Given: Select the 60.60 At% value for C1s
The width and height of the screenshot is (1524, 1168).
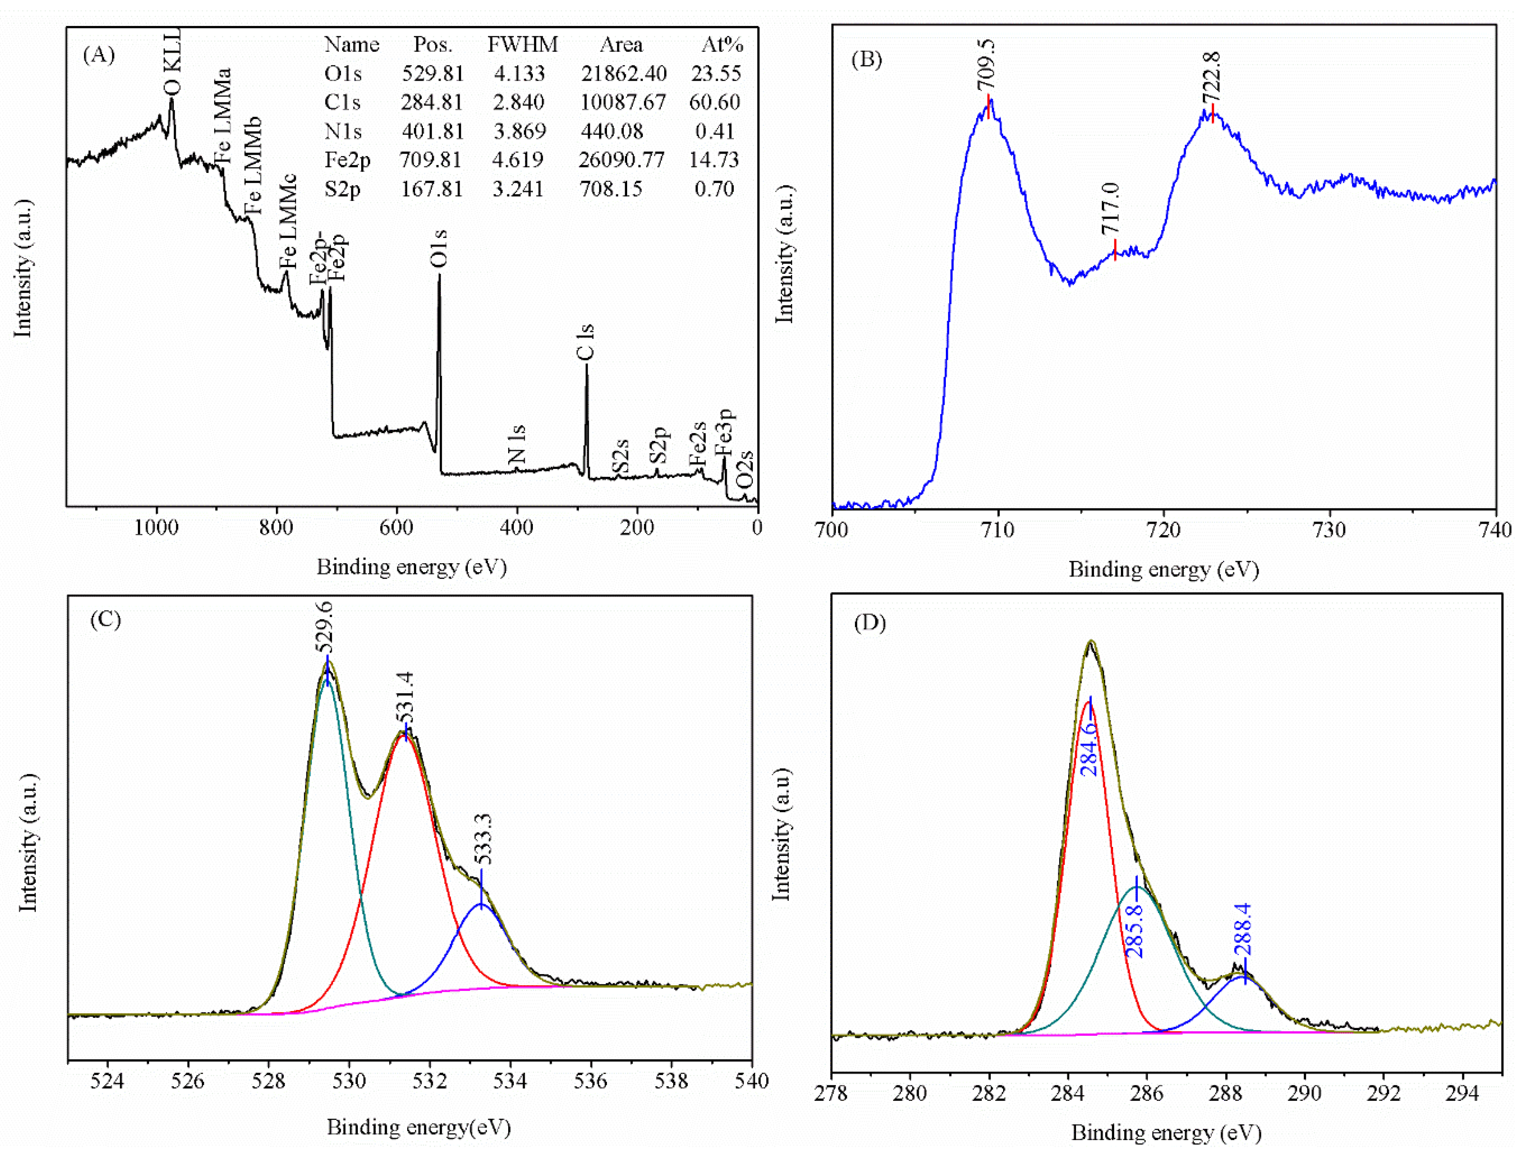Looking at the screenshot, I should [714, 102].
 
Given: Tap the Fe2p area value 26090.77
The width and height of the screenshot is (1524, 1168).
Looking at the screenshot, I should [621, 160].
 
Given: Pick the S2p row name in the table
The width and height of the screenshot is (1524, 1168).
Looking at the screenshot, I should [342, 189].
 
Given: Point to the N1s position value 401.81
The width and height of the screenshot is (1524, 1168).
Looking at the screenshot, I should [432, 131].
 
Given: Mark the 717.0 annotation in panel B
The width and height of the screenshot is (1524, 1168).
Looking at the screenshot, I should [1110, 209].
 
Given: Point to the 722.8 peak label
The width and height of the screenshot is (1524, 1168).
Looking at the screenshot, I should [1211, 77].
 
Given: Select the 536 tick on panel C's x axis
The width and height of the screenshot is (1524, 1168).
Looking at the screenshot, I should [590, 1081].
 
